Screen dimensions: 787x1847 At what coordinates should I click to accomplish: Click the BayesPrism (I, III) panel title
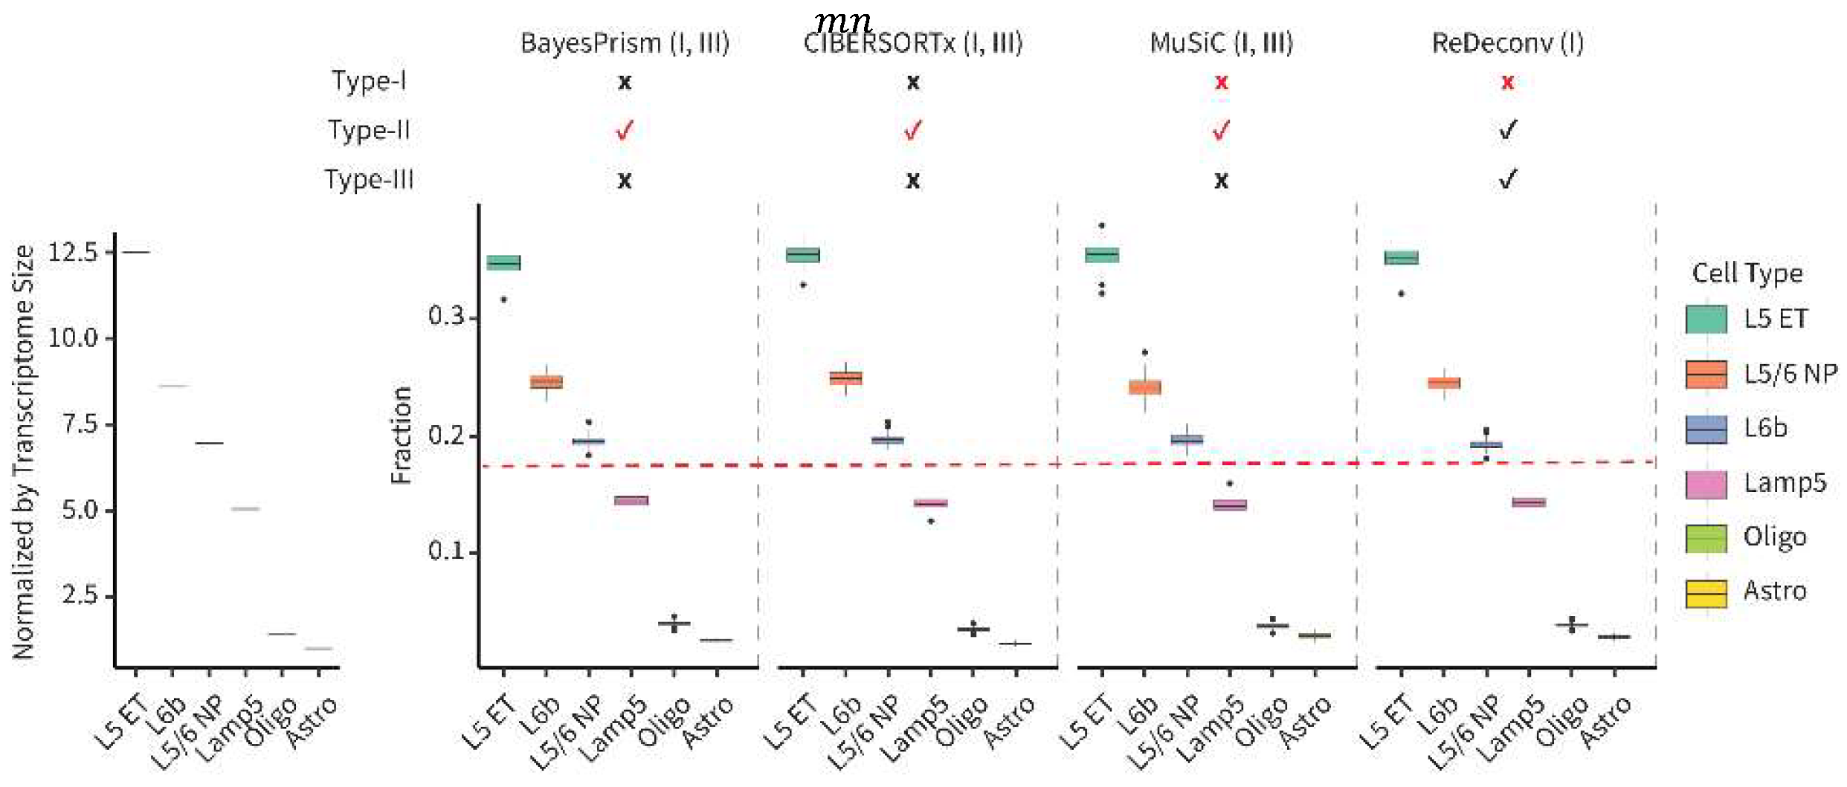[x=624, y=43]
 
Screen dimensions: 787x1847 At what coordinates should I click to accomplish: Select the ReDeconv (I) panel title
[x=1507, y=43]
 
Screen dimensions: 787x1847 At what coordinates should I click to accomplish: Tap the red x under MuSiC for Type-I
[x=1221, y=82]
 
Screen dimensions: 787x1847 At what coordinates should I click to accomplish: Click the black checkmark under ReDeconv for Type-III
[x=1507, y=179]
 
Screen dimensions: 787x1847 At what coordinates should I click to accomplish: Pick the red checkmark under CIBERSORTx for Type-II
[x=912, y=131]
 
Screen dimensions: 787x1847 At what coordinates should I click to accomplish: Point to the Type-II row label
[x=369, y=131]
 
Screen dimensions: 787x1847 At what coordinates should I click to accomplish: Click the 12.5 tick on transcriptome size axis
[x=73, y=252]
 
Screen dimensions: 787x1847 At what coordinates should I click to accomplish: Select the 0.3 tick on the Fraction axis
[x=446, y=317]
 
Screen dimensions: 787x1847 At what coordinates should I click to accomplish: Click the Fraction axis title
[x=401, y=435]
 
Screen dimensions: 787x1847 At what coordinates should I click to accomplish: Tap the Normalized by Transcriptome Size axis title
[x=24, y=452]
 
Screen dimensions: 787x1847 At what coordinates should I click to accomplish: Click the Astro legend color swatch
[x=1706, y=593]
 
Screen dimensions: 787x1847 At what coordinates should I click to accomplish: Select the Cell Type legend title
[x=1747, y=273]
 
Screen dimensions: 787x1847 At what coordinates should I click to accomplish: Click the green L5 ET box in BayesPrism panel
[x=503, y=262]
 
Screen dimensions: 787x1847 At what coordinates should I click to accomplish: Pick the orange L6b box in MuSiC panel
[x=1144, y=387]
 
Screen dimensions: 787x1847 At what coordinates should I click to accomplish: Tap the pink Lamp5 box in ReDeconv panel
[x=1529, y=502]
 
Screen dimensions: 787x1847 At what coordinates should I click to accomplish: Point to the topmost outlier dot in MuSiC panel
[x=1102, y=225]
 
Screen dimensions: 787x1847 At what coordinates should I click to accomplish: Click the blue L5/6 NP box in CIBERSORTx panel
[x=888, y=440]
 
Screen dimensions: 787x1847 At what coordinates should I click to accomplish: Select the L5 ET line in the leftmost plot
[x=135, y=253]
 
